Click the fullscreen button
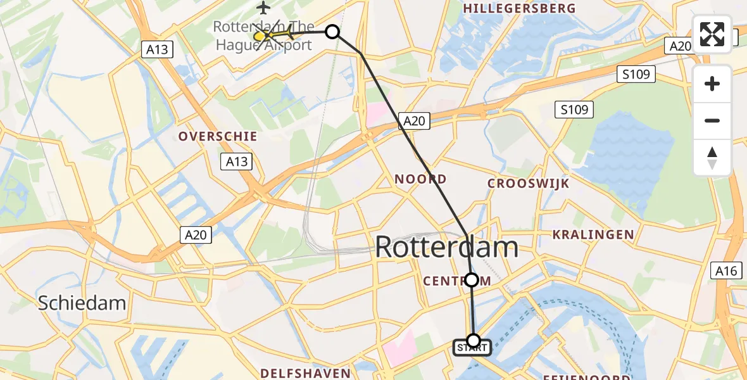[712, 34]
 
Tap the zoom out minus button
[712, 120]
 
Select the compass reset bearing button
[712, 157]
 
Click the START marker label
[472, 348]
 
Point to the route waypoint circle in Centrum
[472, 279]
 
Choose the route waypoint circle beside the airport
[332, 32]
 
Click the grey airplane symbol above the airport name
[263, 8]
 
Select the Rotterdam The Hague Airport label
[263, 36]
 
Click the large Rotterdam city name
[446, 247]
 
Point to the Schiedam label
[82, 303]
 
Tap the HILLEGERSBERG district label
[520, 8]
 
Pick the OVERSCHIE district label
[218, 136]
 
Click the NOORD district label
[420, 179]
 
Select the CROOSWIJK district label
[528, 184]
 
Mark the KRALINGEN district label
[593, 234]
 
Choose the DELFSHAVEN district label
[305, 372]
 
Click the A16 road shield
[725, 271]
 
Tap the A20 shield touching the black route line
[414, 121]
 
